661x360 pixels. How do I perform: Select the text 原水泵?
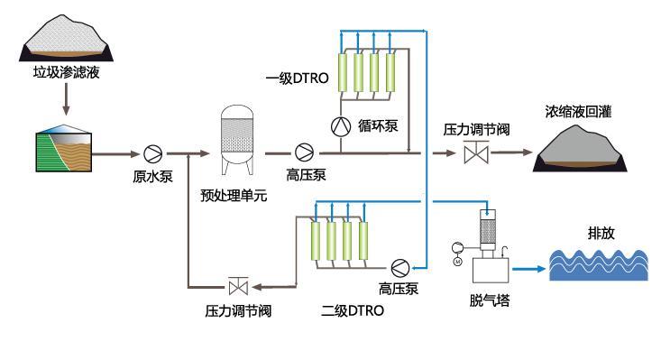pos(152,178)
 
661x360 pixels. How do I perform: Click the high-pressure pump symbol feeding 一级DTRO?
pos(305,152)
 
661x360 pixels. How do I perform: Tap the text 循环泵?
pos(379,126)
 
